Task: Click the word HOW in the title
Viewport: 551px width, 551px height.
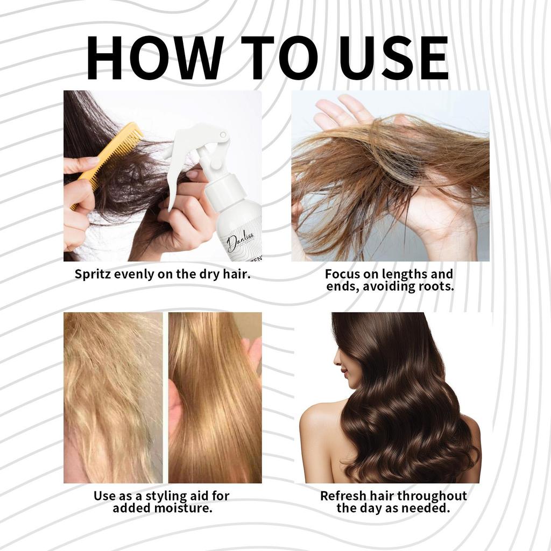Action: click(155, 58)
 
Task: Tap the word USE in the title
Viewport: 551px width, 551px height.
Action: click(393, 58)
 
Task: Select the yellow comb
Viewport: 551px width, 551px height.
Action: click(106, 165)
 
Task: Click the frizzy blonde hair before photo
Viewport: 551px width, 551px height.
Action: click(113, 398)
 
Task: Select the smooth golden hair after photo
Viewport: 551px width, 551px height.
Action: click(215, 398)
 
